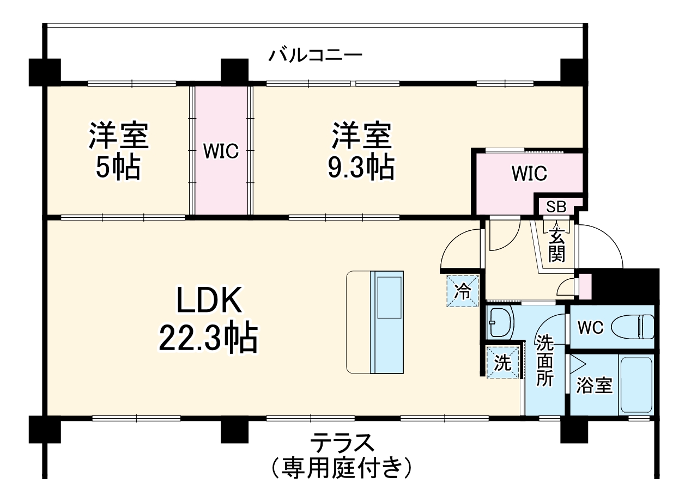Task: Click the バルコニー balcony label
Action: [x=316, y=56]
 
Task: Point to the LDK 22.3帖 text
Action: [x=208, y=322]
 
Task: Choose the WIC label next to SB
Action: [x=529, y=174]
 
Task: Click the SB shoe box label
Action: [x=556, y=207]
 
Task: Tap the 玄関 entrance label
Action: [x=556, y=246]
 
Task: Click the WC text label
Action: [x=590, y=328]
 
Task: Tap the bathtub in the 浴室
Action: [x=636, y=385]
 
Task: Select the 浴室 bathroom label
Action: [x=595, y=387]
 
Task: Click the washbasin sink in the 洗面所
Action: [x=499, y=323]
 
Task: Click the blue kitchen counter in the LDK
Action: [x=388, y=322]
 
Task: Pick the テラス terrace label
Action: [x=343, y=443]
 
